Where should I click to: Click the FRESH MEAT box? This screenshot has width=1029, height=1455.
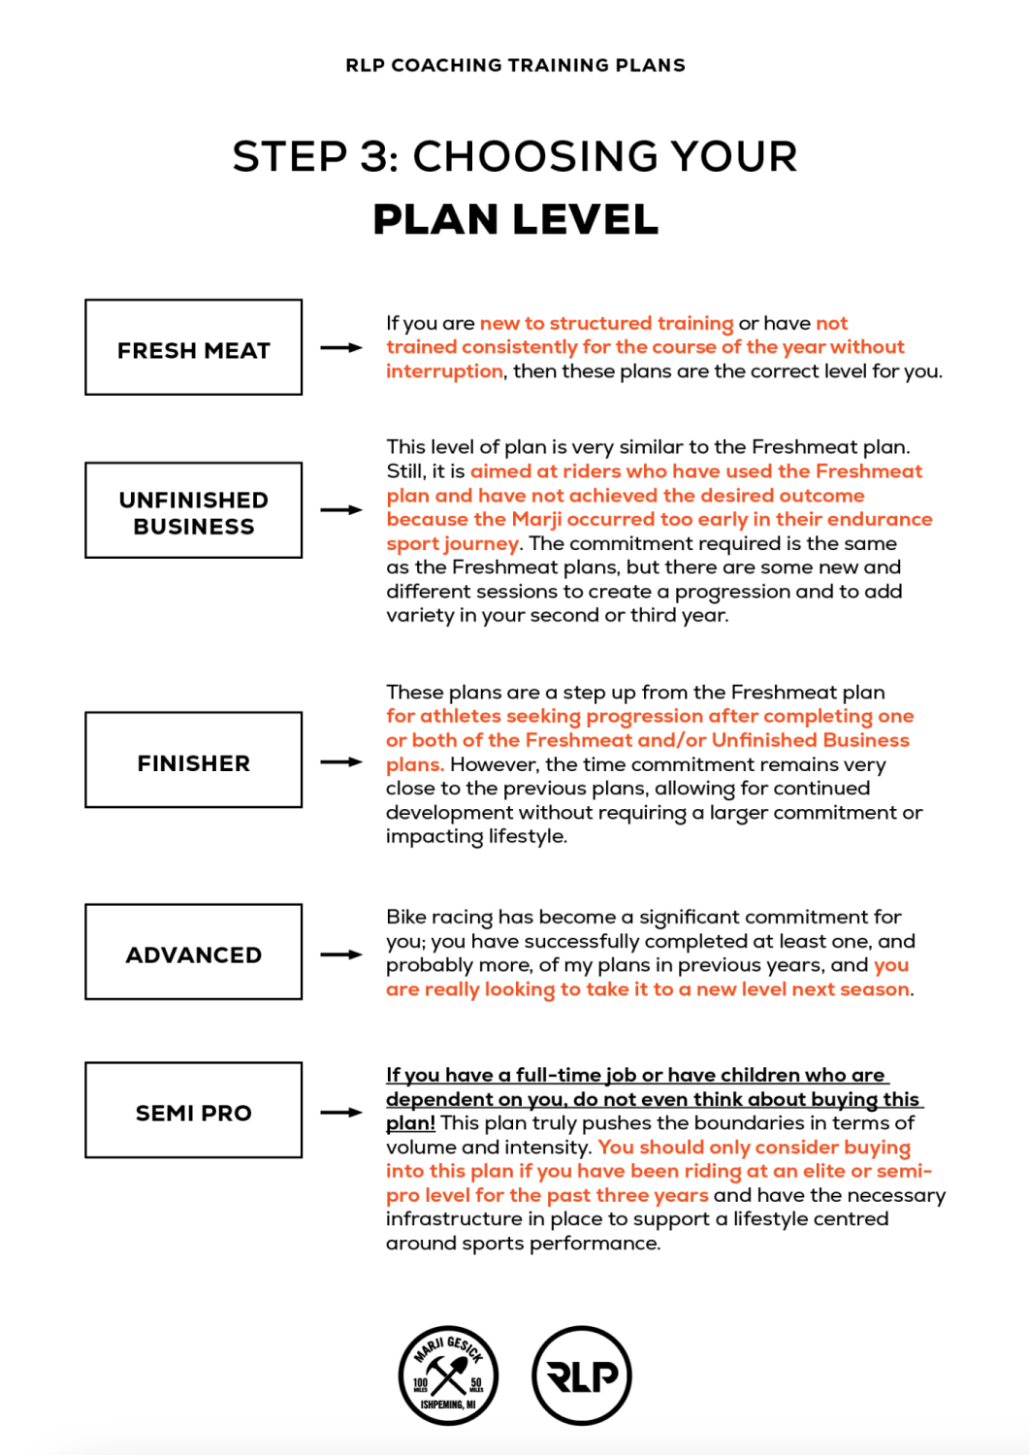(193, 347)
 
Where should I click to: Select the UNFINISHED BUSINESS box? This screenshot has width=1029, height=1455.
(193, 510)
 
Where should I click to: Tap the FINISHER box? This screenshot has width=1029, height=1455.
(193, 760)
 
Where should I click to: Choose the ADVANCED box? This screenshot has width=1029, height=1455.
(193, 953)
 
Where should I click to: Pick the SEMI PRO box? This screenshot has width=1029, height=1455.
(193, 1111)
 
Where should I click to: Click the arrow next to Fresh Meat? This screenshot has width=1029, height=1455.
(341, 347)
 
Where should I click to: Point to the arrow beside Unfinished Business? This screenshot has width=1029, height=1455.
(341, 509)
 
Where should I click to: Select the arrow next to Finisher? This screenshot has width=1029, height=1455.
(341, 762)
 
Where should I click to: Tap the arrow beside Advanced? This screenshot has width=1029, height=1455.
(341, 954)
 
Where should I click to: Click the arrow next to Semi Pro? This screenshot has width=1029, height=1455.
(341, 1113)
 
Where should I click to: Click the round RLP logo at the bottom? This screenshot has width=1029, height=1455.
(582, 1375)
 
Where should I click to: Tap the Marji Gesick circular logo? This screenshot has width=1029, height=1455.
(448, 1375)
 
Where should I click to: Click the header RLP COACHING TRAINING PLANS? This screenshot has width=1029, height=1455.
(515, 65)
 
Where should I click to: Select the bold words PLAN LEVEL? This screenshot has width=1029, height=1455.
(515, 219)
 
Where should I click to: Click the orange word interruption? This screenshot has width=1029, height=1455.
(444, 372)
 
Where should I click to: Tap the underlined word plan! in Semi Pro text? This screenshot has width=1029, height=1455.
(410, 1123)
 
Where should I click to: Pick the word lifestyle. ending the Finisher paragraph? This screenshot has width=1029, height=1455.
(528, 836)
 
